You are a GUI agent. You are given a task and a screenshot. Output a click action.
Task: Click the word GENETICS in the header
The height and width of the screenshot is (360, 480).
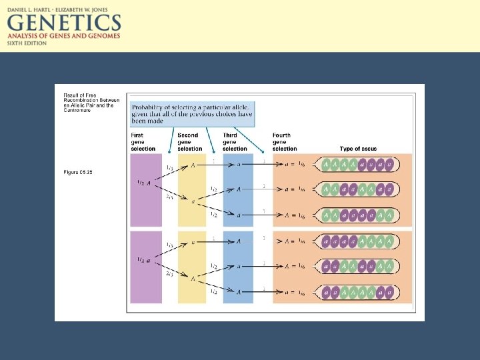63,23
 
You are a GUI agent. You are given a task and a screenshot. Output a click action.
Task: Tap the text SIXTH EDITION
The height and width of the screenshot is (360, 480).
27,43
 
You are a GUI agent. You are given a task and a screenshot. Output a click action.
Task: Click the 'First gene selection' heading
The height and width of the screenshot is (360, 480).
143,142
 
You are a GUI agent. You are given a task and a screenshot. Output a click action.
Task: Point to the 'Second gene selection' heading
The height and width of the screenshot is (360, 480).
190,142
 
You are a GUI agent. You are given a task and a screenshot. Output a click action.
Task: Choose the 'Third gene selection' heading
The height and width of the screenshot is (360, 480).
235,142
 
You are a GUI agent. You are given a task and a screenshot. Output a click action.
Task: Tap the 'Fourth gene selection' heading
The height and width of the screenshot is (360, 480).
285,142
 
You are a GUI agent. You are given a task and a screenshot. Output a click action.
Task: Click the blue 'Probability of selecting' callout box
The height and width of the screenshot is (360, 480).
192,113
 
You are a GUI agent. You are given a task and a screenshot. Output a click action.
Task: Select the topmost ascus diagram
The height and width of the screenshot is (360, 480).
357,164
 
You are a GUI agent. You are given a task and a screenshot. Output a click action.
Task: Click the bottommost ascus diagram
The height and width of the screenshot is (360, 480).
357,292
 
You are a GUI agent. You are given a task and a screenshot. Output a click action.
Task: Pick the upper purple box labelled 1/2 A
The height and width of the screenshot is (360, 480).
146,190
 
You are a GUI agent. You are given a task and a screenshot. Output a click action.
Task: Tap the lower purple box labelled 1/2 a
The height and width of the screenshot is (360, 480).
146,267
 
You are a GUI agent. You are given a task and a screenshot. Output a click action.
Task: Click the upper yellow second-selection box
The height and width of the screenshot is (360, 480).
192,190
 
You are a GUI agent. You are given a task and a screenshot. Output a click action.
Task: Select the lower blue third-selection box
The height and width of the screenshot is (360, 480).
238,267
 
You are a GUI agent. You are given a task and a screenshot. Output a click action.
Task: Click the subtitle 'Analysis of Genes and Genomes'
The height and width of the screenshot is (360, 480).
63,36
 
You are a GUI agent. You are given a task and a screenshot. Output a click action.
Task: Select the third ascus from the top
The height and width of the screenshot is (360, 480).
357,215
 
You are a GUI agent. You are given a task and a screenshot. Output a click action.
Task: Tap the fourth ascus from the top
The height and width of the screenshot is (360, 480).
357,241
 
